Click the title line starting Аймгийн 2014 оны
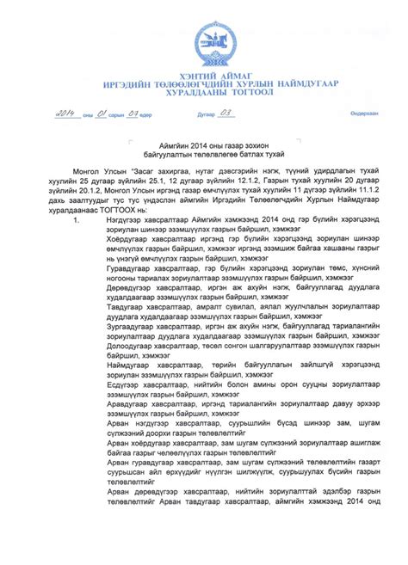pos(207,146)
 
